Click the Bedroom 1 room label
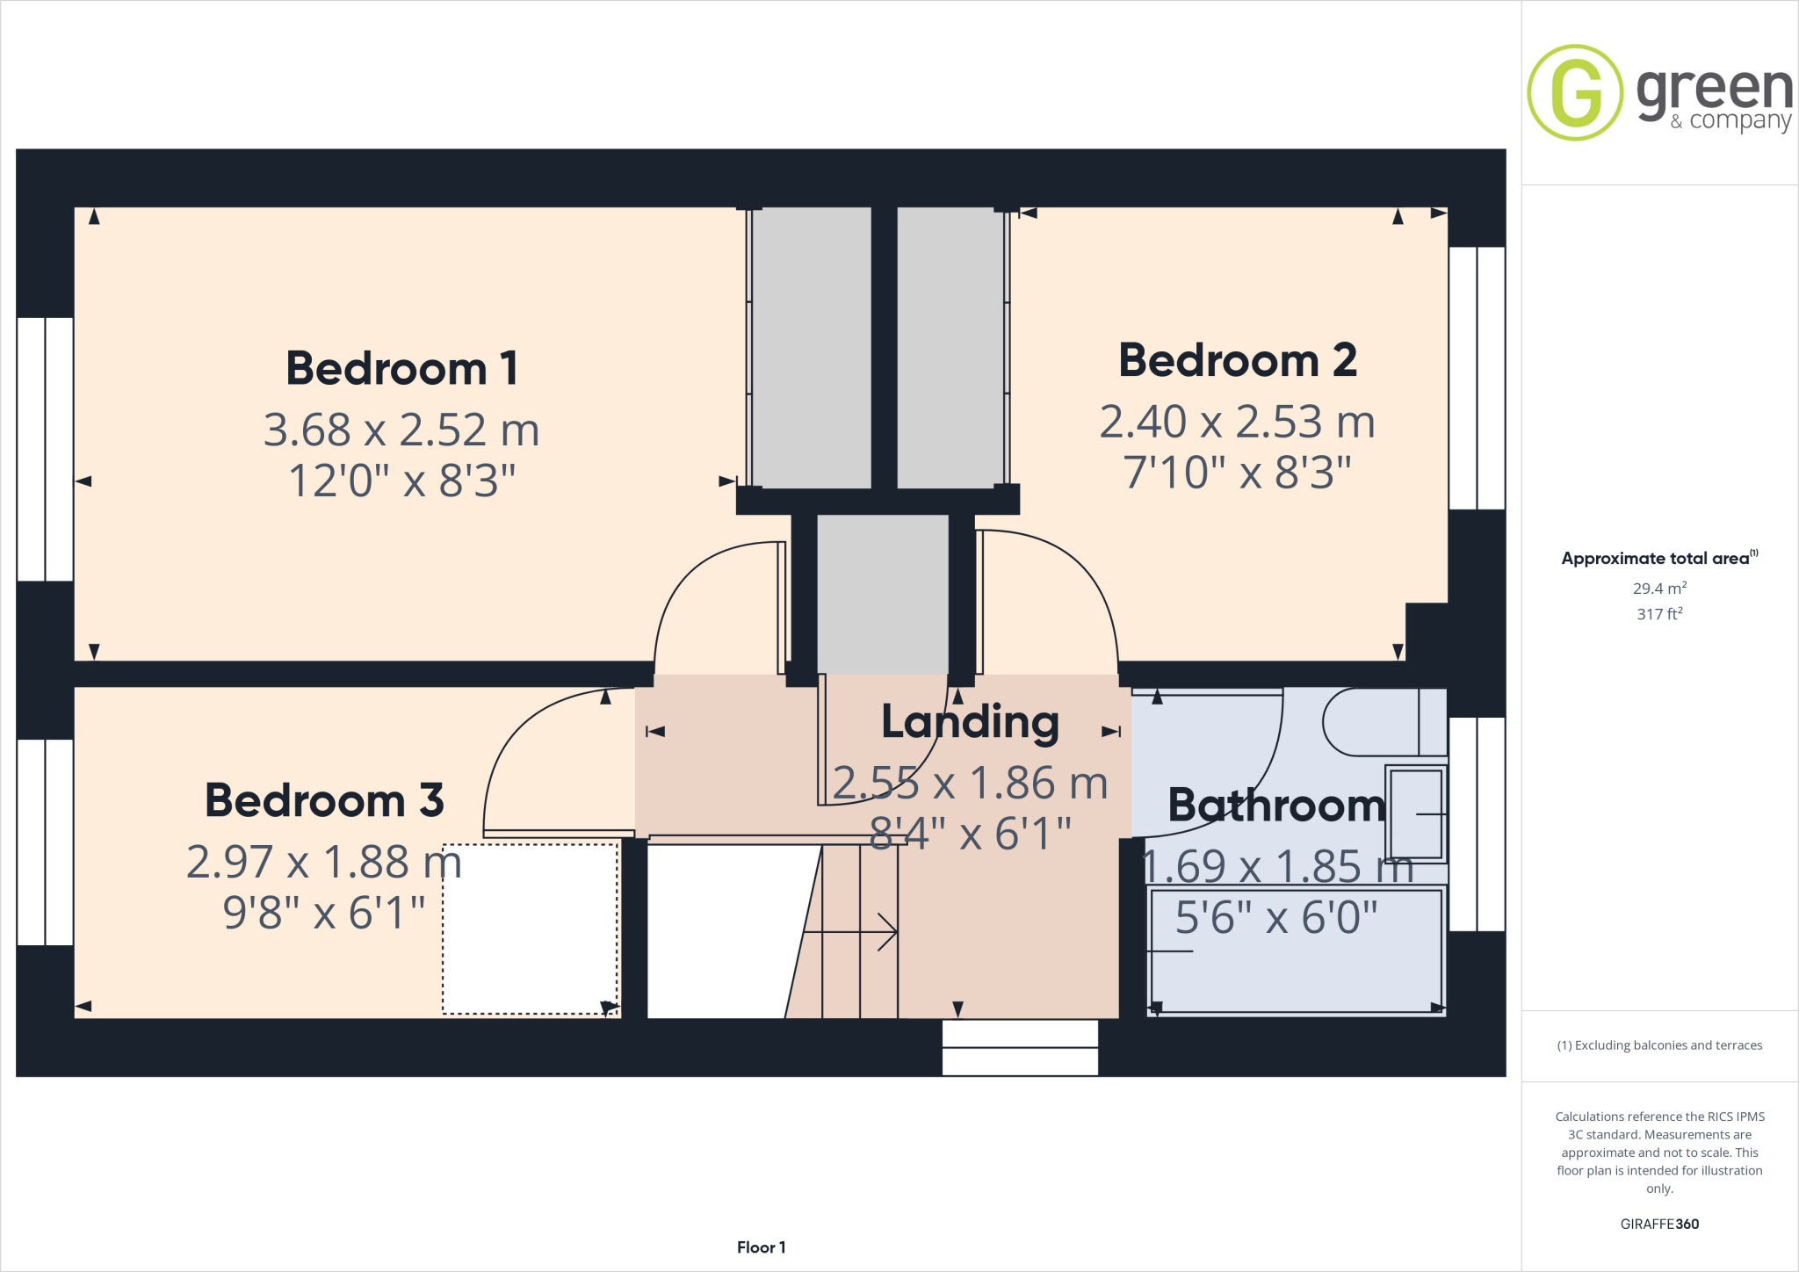pos(401,368)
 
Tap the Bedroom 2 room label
pos(1237,360)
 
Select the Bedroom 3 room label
pos(324,800)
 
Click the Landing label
pos(970,722)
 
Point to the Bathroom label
pos(1276,806)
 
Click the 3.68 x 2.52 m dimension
pos(401,430)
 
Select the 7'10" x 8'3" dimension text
pos(1237,473)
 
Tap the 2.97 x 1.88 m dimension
pos(324,862)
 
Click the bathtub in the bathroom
pos(1297,951)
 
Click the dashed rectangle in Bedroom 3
pos(530,929)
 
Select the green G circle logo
pos(1574,92)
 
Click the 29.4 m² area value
pos(1658,589)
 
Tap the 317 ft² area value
pos(1658,614)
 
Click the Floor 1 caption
pos(761,1247)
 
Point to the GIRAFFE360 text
pos(1658,1224)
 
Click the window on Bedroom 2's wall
pos(1477,378)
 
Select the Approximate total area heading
pos(1657,559)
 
